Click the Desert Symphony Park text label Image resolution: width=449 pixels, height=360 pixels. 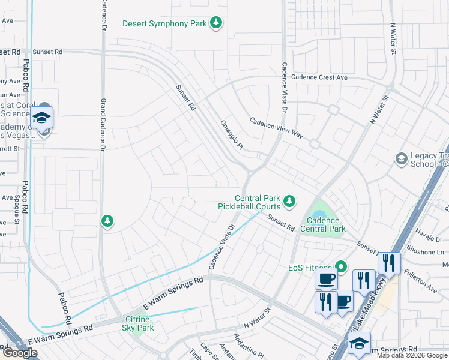click(x=164, y=24)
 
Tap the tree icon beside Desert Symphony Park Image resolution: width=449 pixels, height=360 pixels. click(x=216, y=24)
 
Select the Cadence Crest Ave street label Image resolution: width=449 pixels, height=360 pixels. click(x=319, y=77)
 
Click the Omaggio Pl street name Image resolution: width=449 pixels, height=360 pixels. click(x=231, y=134)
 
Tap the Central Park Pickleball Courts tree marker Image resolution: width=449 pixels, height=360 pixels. click(x=290, y=202)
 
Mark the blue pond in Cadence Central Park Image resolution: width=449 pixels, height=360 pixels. click(x=318, y=213)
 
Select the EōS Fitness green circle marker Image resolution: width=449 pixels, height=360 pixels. click(x=342, y=266)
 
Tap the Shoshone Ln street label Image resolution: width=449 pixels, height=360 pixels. click(x=425, y=252)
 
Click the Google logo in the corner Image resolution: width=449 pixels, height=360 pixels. click(x=20, y=353)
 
